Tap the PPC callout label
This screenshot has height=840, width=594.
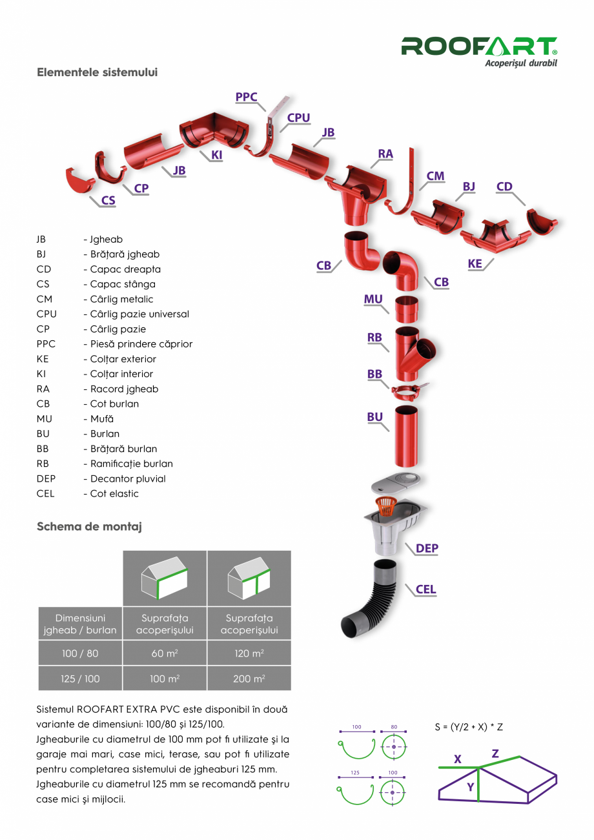coord(246,97)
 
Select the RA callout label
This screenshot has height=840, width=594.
coord(385,154)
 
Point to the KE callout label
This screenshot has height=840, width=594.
coord(475,263)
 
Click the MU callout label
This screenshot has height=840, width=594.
coord(373,300)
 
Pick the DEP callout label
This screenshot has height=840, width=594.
coord(427,548)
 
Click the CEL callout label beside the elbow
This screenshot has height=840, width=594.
coord(425,589)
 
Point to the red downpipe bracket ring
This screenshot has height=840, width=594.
coord(408,391)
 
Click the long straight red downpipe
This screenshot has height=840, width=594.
coord(406,436)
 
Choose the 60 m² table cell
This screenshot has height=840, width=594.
coord(165,653)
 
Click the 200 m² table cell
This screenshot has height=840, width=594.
coord(249,679)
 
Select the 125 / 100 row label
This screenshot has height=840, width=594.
coord(80,679)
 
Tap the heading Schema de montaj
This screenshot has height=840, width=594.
coord(89,526)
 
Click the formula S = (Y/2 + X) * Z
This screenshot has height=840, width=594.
coord(469,727)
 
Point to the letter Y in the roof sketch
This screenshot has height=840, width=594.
coord(471,787)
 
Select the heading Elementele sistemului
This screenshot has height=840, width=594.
coord(97,72)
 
